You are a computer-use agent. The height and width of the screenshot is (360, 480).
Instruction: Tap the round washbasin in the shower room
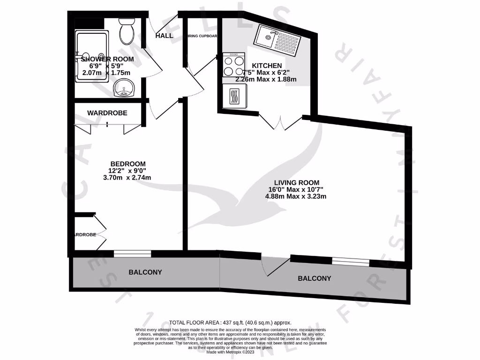coord(125,88)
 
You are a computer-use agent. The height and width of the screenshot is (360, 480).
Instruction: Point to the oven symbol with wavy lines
coord(234,96)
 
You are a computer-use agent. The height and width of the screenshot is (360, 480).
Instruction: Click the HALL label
coord(164,36)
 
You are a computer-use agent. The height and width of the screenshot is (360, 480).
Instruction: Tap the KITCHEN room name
coord(267,66)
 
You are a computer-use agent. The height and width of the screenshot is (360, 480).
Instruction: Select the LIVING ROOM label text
coord(297,182)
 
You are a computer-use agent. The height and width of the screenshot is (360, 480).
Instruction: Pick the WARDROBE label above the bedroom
coord(107,113)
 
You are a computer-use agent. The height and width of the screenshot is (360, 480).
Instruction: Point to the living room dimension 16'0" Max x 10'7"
coord(297,189)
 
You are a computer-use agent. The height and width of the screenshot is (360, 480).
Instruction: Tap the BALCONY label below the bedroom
coord(145,272)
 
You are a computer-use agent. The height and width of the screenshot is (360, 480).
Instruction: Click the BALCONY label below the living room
coord(315,278)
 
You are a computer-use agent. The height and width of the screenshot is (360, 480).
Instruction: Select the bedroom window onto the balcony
coord(132,254)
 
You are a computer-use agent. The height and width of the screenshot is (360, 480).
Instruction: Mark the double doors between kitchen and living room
coord(280,121)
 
